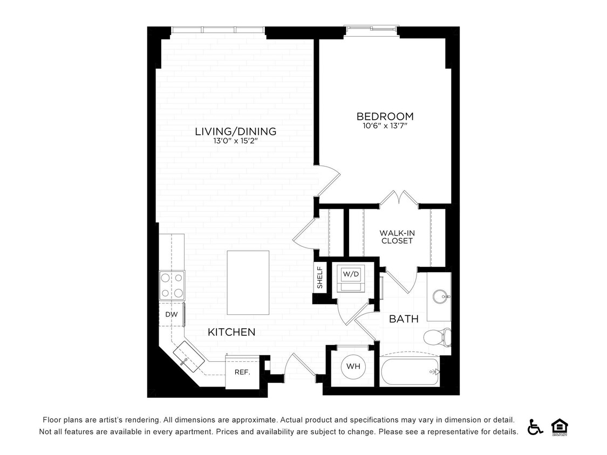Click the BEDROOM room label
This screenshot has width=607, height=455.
click(385, 116)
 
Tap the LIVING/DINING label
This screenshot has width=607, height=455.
click(235, 131)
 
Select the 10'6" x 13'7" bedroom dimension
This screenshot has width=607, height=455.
click(385, 126)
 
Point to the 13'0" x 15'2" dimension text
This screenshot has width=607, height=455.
click(235, 141)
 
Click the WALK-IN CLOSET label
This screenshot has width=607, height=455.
click(397, 237)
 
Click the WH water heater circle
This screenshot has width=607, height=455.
click(353, 367)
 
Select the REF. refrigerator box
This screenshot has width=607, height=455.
click(241, 372)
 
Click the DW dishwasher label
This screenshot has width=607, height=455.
click(171, 314)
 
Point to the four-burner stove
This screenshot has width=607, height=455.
click(172, 286)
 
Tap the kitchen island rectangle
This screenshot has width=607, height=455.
click(248, 282)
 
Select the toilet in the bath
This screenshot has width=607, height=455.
click(437, 338)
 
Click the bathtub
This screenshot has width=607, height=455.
click(410, 371)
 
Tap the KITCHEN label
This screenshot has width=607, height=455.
click(231, 332)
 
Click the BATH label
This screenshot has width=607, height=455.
click(404, 319)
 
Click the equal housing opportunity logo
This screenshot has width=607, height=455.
click(560, 426)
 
